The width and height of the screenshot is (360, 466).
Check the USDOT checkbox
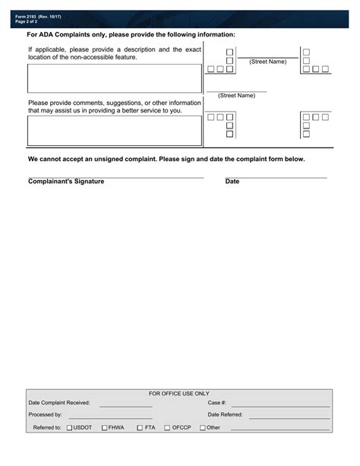[x=69, y=428]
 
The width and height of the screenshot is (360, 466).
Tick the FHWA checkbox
[x=104, y=428]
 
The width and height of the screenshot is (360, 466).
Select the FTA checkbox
[x=140, y=428]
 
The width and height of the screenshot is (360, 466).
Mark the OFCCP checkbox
[x=166, y=428]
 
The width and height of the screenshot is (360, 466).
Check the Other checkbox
[x=203, y=428]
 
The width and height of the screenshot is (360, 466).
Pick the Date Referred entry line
[x=289, y=417]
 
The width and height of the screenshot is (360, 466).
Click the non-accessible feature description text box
[x=115, y=78]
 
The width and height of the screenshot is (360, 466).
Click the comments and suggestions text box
[x=115, y=130]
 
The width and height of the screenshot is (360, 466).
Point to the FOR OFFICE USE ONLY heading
[x=179, y=394]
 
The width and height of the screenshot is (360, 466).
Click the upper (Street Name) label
[x=267, y=62]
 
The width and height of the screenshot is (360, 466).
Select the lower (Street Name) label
[x=236, y=96]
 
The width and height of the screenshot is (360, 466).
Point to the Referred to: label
[x=47, y=428]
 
